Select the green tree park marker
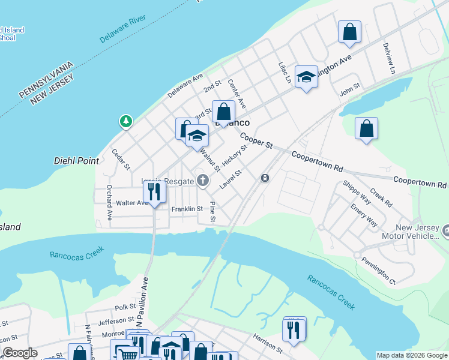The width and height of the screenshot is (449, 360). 126,122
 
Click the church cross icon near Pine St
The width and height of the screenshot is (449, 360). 203,180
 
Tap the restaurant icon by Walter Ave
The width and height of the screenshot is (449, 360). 154,193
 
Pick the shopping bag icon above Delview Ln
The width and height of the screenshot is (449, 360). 349,32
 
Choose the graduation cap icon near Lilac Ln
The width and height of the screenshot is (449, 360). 306,77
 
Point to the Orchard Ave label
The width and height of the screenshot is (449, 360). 109,206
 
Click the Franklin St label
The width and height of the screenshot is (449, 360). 187,209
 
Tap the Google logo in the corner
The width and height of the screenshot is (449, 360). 20,353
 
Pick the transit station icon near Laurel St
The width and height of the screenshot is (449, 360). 265,178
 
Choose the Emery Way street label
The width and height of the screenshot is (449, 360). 364,215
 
